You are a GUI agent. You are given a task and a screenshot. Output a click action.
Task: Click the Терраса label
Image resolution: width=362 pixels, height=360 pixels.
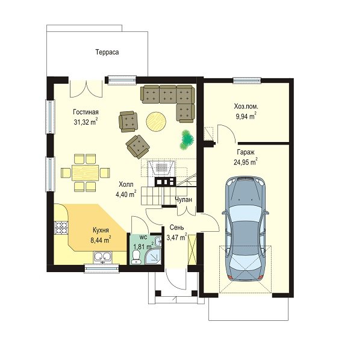107,52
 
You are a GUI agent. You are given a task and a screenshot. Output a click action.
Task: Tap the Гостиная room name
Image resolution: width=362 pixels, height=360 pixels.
86,112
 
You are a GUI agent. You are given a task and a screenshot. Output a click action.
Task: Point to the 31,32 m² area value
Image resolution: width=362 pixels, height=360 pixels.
86,122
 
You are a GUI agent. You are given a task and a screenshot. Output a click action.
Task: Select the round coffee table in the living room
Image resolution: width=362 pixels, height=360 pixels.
156,122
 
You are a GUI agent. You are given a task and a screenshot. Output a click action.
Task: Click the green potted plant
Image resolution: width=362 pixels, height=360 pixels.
187,140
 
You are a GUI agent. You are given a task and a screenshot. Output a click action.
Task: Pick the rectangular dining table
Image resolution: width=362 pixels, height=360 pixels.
85,173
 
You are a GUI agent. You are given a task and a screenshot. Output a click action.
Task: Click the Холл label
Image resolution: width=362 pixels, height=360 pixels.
126,184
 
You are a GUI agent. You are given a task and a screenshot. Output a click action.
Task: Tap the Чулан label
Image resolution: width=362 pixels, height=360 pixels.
183,199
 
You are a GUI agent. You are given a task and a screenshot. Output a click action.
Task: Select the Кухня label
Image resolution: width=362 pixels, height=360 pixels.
101,230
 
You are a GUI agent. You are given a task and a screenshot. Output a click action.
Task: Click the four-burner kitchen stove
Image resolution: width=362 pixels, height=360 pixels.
61,228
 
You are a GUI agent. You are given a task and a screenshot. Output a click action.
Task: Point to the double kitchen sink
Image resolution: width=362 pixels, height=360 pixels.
103,257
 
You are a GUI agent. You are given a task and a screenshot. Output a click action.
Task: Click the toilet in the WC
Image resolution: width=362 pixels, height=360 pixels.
136,257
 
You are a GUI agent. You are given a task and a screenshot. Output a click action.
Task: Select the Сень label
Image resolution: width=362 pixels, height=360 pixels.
177,228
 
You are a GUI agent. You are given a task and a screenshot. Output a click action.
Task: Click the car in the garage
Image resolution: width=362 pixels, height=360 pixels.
245,229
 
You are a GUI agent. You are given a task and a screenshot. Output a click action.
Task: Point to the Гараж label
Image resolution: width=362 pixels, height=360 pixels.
246,152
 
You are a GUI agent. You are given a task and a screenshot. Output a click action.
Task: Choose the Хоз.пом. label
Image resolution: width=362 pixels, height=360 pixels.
246,107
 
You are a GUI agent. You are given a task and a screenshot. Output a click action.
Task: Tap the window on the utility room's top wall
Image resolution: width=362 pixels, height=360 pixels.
247,80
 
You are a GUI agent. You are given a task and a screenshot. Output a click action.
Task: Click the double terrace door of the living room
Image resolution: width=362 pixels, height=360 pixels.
86,88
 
